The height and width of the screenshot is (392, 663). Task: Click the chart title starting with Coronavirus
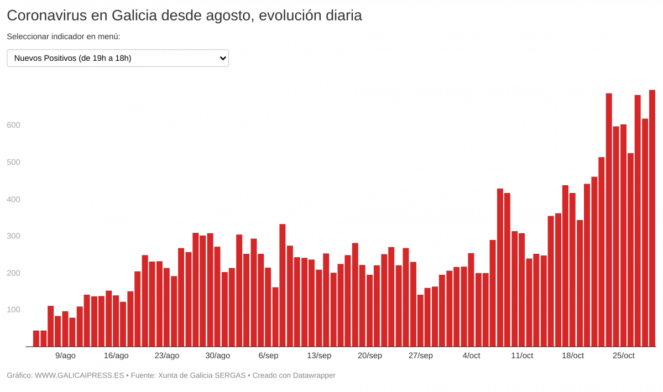[184, 15]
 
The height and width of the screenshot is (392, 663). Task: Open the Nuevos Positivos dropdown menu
[117, 58]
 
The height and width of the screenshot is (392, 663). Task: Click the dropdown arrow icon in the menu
[223, 58]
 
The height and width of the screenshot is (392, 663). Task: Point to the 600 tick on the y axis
[13, 126]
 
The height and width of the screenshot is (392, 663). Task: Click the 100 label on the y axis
[13, 310]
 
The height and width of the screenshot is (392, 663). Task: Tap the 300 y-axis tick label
[13, 236]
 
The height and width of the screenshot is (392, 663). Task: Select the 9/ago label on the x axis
[65, 356]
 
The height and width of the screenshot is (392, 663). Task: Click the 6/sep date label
[268, 356]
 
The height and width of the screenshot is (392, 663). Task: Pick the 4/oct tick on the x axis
[471, 356]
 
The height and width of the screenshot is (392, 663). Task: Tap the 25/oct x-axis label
[623, 356]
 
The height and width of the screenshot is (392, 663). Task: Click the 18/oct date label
[572, 356]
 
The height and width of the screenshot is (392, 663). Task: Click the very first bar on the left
[36, 338]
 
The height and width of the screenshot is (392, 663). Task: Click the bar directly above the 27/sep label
[420, 321]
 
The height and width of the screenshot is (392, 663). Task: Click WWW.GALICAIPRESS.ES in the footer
[79, 375]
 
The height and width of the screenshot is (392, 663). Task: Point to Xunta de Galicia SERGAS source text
[202, 375]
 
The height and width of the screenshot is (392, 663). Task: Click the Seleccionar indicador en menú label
[64, 36]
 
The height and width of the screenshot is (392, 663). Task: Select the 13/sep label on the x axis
[319, 356]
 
